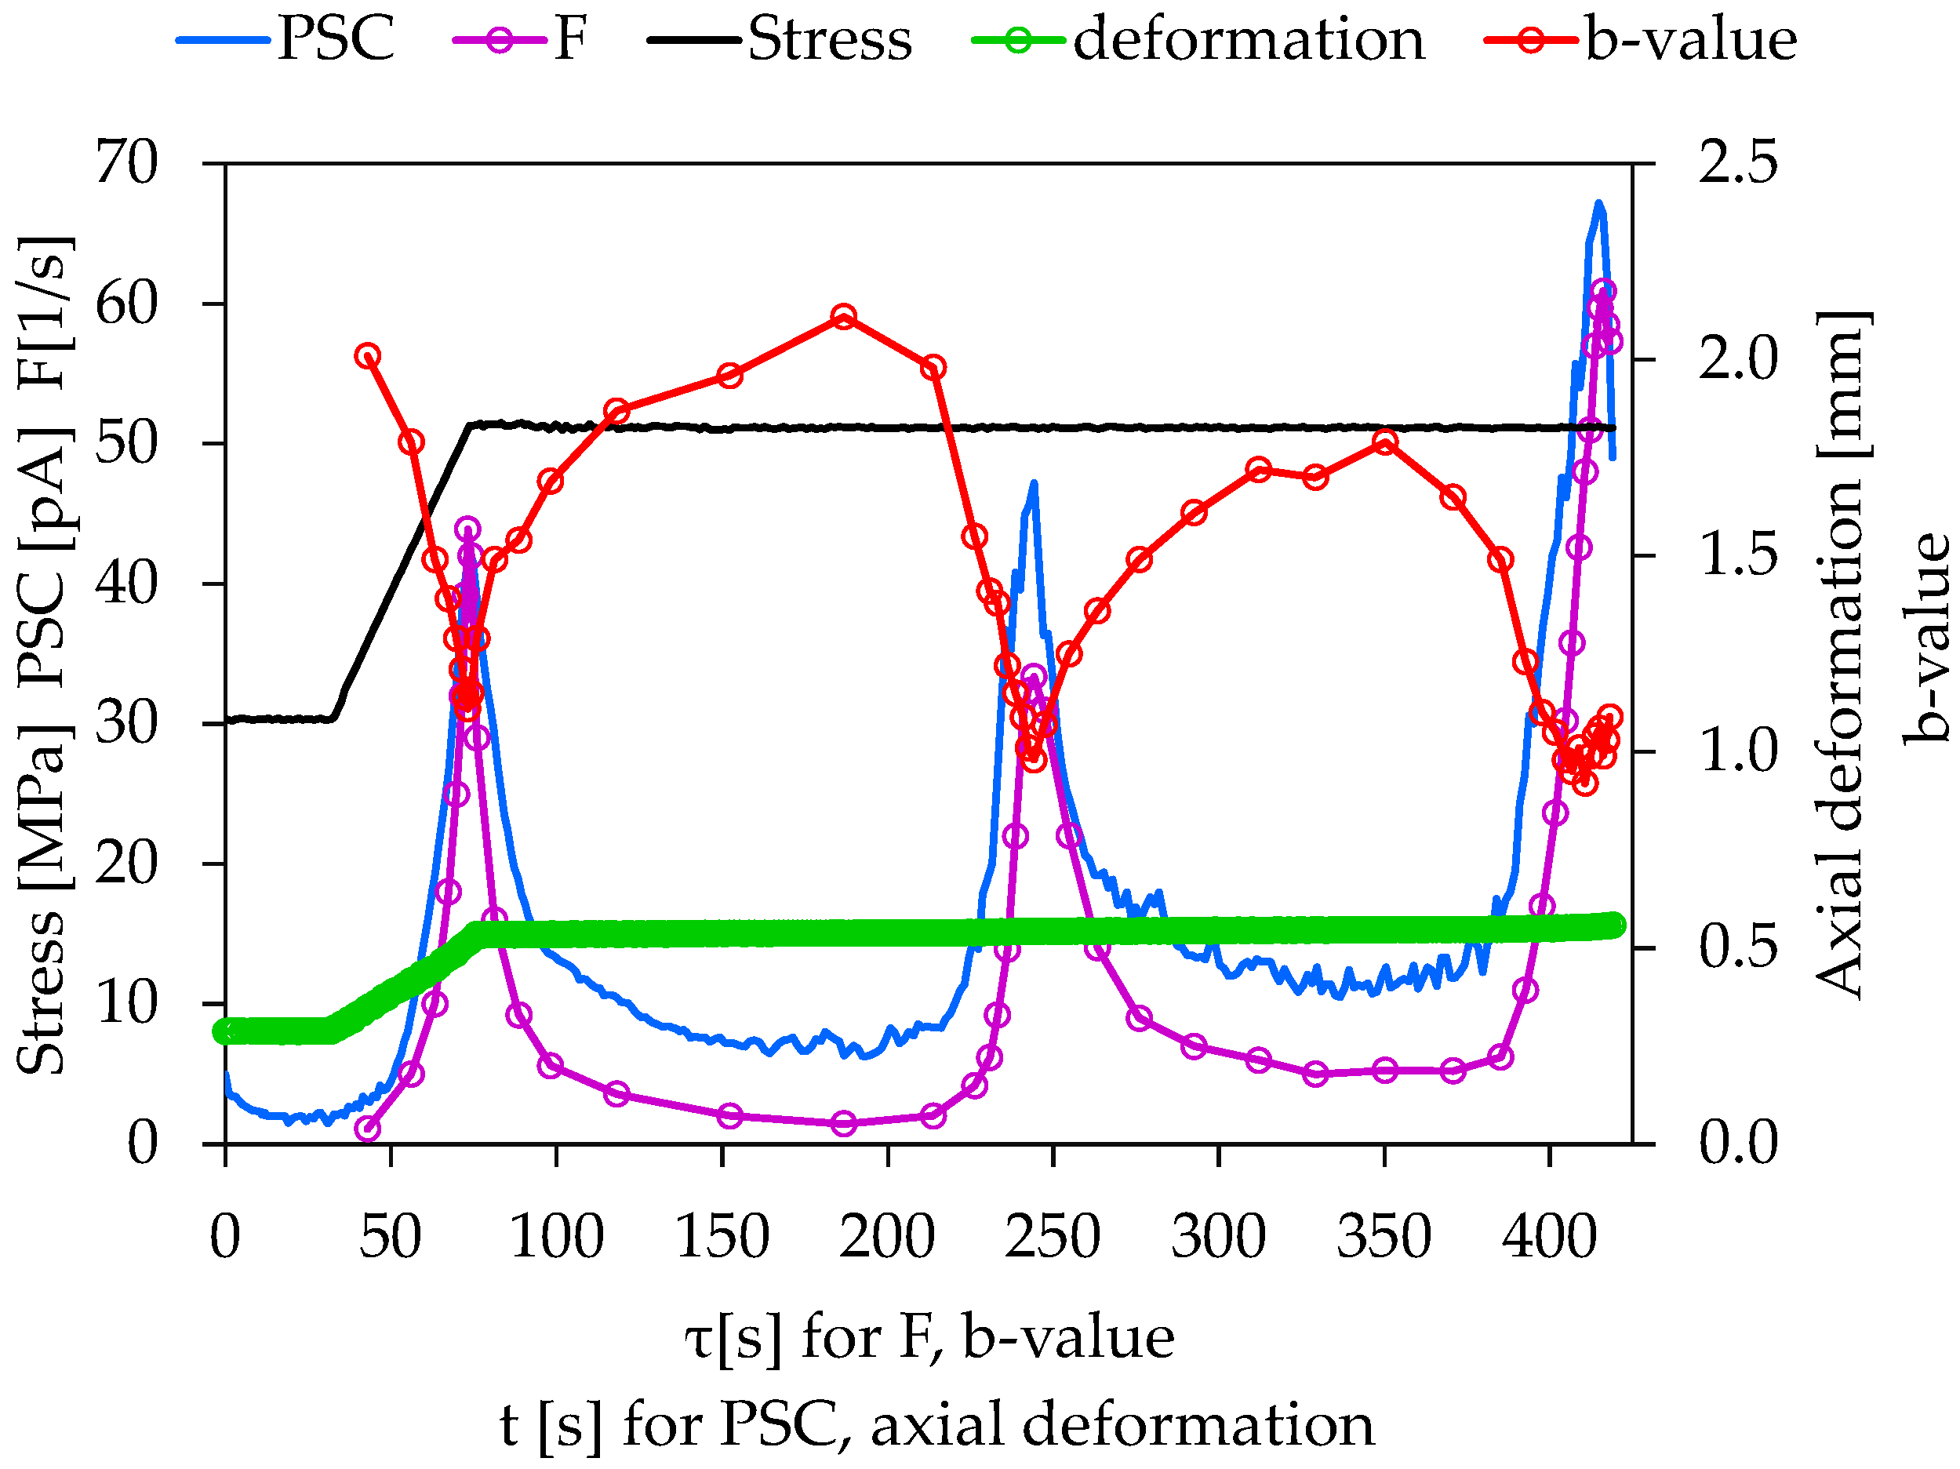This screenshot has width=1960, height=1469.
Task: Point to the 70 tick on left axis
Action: tap(127, 163)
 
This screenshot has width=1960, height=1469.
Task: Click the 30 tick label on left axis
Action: tap(127, 723)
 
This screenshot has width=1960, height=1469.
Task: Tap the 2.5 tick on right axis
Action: tap(1737, 163)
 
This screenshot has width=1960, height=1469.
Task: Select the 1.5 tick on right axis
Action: tap(1737, 555)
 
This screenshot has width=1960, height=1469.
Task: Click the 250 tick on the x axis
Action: tap(1053, 1238)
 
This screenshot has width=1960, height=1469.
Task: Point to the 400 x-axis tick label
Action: tap(1550, 1238)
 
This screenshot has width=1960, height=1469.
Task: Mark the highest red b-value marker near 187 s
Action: tap(844, 316)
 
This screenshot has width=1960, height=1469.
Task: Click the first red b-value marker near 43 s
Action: tap(368, 356)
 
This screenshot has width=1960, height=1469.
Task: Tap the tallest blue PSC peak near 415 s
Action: tap(1598, 205)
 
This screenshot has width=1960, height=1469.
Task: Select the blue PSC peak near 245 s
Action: tap(1033, 485)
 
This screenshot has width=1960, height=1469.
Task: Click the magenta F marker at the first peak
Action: tap(468, 530)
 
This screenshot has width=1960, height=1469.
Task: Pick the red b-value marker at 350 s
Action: tap(1386, 442)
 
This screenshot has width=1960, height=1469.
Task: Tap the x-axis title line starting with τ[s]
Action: tap(929, 1338)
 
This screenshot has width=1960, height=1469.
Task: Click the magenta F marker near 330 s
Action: tap(1316, 1073)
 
